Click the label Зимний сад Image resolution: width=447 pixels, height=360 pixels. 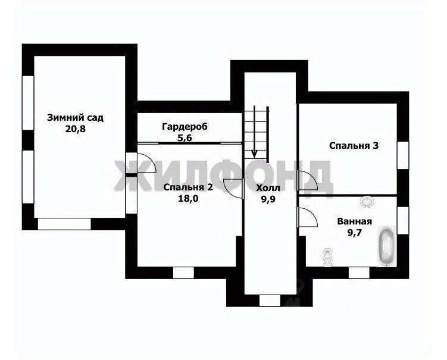click(x=75, y=118)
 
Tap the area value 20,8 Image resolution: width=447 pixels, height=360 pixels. click(x=76, y=129)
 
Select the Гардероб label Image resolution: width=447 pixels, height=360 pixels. click(x=185, y=127)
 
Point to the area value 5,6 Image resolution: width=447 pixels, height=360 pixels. click(x=185, y=138)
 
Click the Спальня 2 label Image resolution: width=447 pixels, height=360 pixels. click(x=188, y=187)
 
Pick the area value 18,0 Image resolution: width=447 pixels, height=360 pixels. click(x=188, y=198)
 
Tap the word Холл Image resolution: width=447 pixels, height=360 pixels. click(x=268, y=188)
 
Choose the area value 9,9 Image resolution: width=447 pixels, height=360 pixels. click(x=268, y=199)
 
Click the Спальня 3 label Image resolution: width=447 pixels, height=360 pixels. click(x=354, y=146)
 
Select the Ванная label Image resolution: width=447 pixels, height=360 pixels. click(x=354, y=221)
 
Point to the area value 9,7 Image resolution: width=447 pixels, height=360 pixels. click(x=354, y=233)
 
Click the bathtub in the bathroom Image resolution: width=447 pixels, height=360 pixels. click(x=387, y=246)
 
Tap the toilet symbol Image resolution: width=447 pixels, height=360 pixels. click(x=327, y=257)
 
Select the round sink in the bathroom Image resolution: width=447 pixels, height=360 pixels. click(x=366, y=201)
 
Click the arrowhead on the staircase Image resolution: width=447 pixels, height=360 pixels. click(x=254, y=154)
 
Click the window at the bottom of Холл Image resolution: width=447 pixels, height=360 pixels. click(x=270, y=300)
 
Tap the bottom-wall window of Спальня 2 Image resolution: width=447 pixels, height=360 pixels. click(x=183, y=273)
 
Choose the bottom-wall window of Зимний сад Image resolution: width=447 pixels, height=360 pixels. click(x=64, y=224)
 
